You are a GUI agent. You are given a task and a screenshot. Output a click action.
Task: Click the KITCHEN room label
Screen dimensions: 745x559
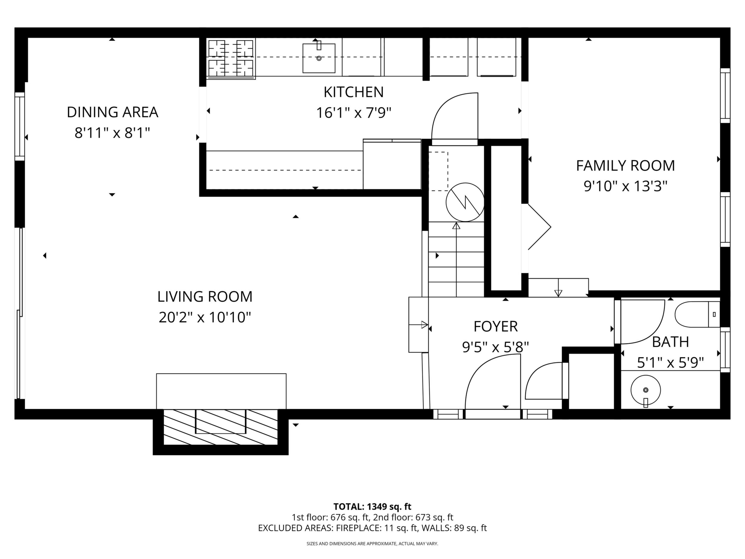tap(354, 92)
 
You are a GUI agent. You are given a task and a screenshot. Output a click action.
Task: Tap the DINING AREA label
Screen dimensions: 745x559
tap(113, 112)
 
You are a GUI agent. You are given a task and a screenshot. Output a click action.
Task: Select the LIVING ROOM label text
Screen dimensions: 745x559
tap(205, 297)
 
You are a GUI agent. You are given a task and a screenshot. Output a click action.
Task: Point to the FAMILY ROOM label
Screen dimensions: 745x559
tap(625, 166)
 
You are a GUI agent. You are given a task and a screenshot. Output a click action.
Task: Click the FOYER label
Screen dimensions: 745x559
tap(496, 326)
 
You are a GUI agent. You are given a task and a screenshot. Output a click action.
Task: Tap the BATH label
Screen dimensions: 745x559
tap(670, 342)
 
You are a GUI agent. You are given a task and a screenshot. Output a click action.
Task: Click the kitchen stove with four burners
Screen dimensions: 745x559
tap(231, 59)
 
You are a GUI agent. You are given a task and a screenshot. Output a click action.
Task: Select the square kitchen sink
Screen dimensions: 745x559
tap(319, 58)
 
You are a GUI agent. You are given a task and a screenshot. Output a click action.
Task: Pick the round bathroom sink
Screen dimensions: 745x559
tap(645, 391)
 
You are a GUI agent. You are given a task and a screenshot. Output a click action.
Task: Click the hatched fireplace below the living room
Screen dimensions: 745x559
tap(221, 427)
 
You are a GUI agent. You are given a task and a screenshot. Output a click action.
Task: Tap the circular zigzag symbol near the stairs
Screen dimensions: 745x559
tap(465, 202)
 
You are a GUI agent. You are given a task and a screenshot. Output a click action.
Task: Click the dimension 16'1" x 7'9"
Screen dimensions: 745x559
tap(354, 113)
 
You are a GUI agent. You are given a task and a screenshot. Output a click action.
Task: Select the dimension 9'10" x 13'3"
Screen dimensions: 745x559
tap(625, 186)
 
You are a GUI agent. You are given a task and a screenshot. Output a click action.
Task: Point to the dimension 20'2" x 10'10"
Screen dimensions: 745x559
tap(205, 317)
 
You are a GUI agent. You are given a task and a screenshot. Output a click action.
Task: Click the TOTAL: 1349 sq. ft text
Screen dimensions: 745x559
tap(372, 506)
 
